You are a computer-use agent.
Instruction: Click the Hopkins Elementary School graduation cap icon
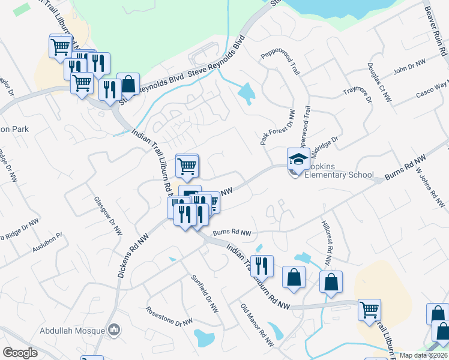pyautogui.click(x=298, y=160)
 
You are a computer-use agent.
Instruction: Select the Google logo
pyautogui.click(x=20, y=353)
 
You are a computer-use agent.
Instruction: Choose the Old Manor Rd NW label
pyautogui.click(x=256, y=325)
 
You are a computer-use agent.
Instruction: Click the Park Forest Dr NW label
pyautogui.click(x=277, y=127)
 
